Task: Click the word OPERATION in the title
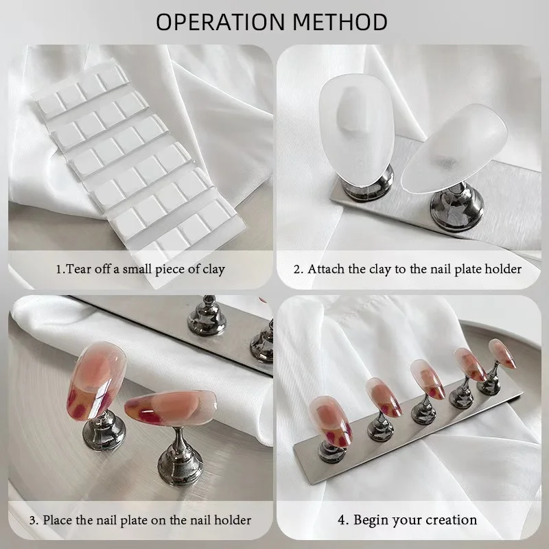pos(220,22)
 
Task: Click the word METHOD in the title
pos(340,22)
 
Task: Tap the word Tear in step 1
pos(77,269)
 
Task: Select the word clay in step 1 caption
pos(213,270)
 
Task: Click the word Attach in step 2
pos(327,269)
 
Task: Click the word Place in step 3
pos(58,520)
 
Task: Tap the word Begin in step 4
pos(370,520)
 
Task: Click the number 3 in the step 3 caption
pos(32,520)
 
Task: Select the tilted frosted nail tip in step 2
pos(454,148)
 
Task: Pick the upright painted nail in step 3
pos(96,381)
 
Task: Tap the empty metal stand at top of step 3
pos(207,317)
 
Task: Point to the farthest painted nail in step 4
pos(502,353)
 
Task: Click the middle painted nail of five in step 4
pos(427,379)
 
